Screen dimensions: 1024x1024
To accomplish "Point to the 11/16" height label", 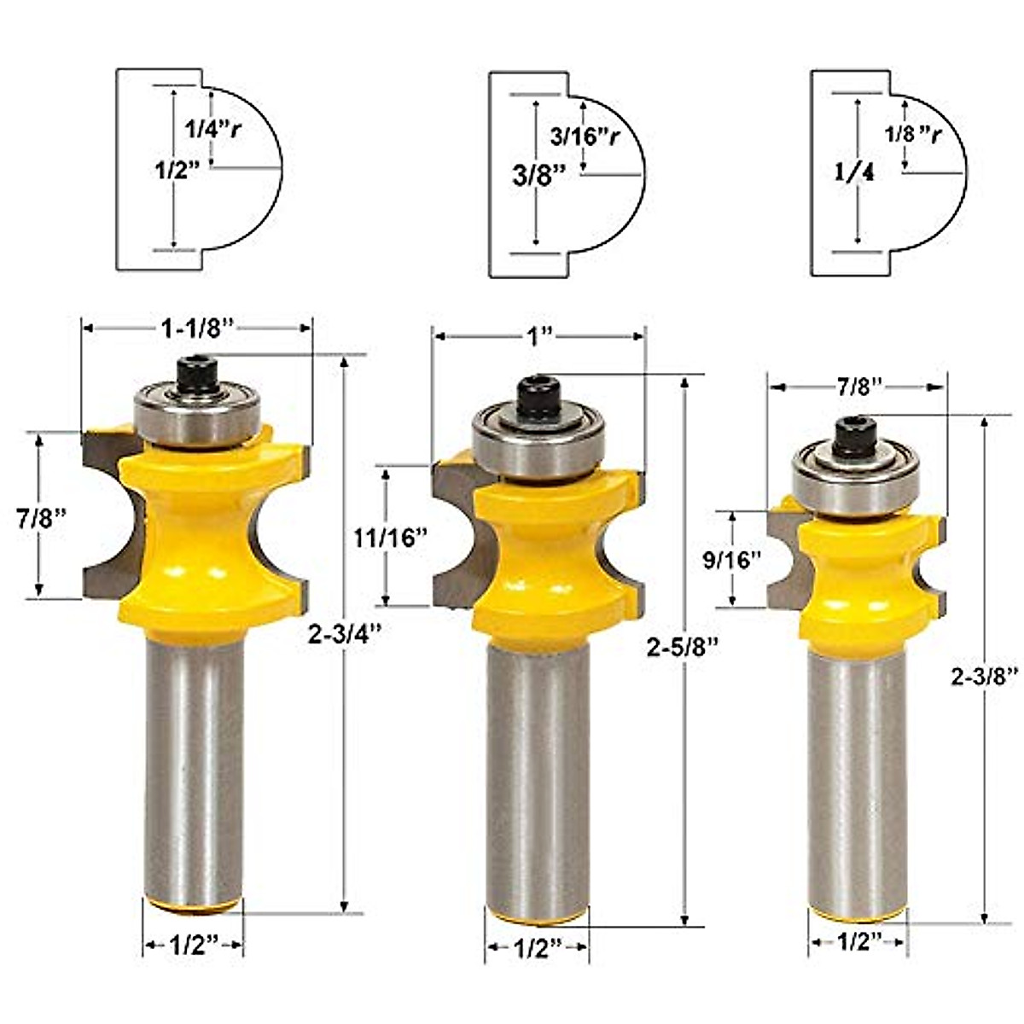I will (389, 538).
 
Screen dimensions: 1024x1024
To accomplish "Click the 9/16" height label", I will (732, 560).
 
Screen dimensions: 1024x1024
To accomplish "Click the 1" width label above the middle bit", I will (538, 336).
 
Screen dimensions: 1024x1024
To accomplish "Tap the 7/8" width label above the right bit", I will (858, 387).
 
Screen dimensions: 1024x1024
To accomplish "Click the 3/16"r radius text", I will (583, 137).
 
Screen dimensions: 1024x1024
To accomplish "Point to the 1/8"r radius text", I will (912, 134).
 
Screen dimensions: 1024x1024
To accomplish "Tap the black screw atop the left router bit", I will (197, 375).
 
